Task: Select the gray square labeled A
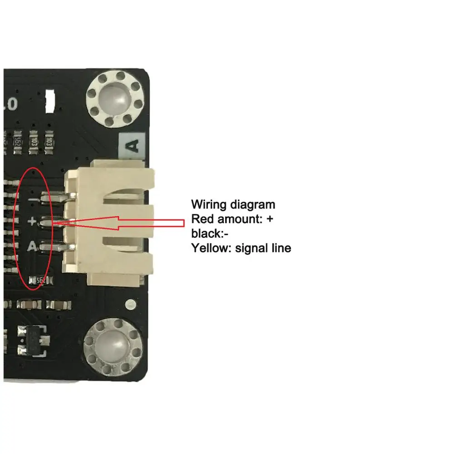(x=132, y=146)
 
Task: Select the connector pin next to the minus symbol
(x=55, y=197)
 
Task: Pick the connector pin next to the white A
(x=55, y=247)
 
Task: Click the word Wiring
(x=209, y=204)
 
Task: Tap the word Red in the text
(x=201, y=219)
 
